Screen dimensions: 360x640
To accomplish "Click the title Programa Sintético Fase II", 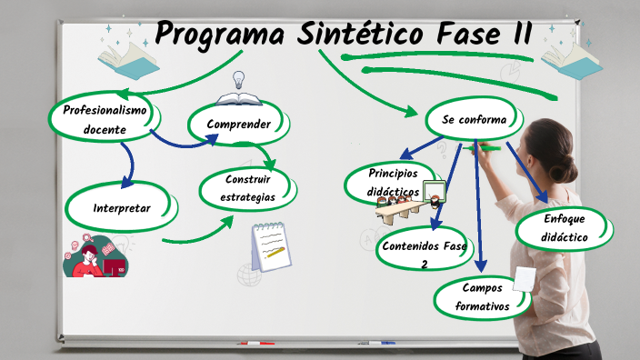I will pos(344,35).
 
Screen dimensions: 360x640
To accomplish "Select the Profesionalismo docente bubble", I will pos(105,119).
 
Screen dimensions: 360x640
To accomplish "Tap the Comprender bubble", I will pos(238,124).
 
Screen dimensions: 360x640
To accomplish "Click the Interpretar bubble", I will pos(122,208).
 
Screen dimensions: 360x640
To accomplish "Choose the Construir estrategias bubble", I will pos(247,188).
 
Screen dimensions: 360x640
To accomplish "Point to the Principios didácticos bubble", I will pos(392,183).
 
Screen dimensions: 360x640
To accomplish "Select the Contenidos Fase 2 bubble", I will pos(424,253).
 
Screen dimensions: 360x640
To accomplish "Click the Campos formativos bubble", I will pos(482,297).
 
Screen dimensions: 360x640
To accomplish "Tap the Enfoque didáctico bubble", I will pos(565,228).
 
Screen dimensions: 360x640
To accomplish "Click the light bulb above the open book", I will pos(239,79).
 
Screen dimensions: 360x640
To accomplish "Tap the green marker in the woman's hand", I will pos(489,146).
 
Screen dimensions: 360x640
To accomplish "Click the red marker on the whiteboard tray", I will pos(255,344).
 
